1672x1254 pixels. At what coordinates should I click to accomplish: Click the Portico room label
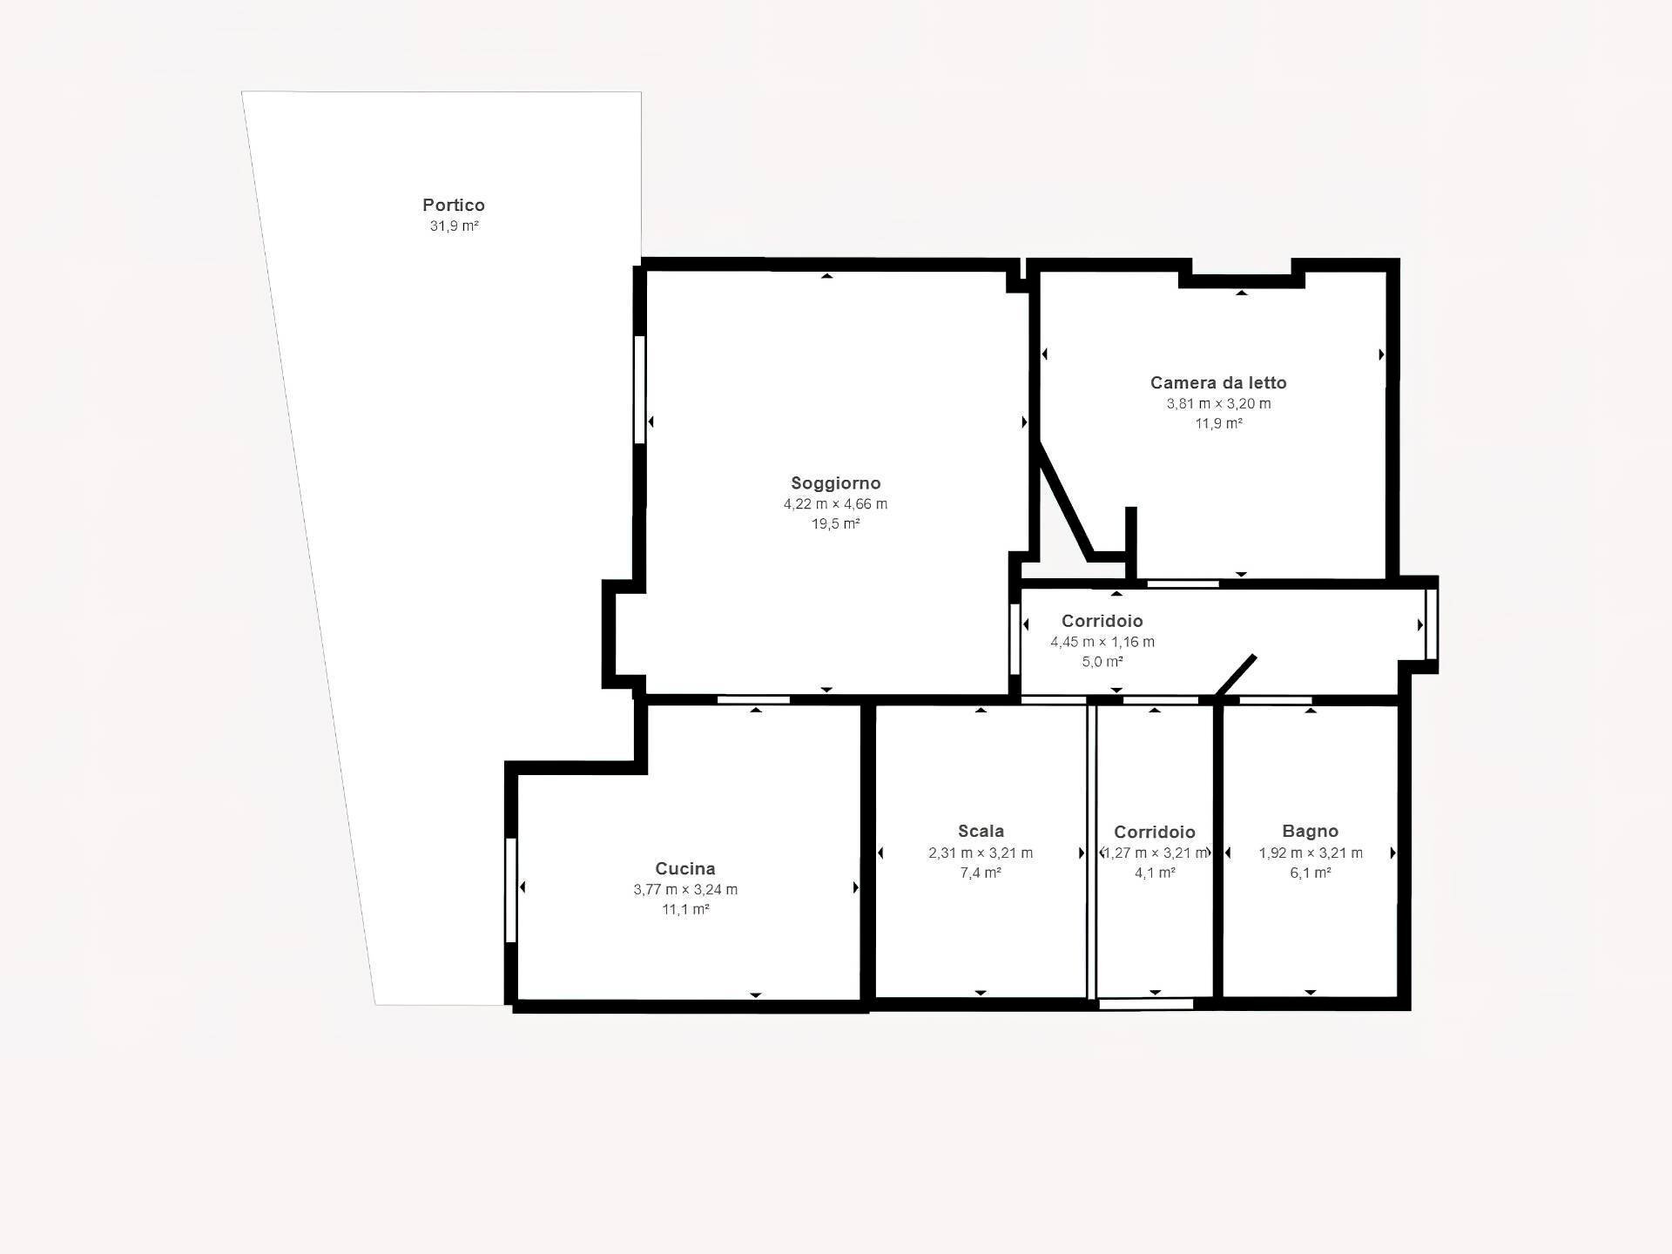(x=454, y=206)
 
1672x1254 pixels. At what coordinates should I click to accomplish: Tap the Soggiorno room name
(x=835, y=483)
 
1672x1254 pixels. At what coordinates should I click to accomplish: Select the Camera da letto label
(x=1218, y=382)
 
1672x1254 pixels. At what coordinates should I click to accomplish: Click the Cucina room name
(x=685, y=868)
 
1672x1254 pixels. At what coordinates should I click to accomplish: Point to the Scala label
(x=981, y=831)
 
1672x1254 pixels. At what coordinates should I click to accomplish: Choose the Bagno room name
(x=1310, y=831)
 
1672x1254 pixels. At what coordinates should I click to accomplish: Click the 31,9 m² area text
(x=454, y=226)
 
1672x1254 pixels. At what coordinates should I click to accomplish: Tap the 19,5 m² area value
(x=835, y=524)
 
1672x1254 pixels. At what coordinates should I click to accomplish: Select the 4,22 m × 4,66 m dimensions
(x=835, y=504)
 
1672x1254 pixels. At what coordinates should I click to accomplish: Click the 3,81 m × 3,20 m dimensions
(x=1218, y=404)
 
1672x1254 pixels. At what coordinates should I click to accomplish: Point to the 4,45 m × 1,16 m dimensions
(x=1102, y=642)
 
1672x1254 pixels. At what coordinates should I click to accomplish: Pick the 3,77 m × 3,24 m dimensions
(x=685, y=890)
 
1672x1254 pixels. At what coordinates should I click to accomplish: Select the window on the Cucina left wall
(x=511, y=890)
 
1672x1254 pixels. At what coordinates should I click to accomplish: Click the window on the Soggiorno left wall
(x=639, y=390)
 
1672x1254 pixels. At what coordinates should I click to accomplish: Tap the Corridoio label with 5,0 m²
(x=1102, y=621)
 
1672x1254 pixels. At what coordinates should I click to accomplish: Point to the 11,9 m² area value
(x=1218, y=424)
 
